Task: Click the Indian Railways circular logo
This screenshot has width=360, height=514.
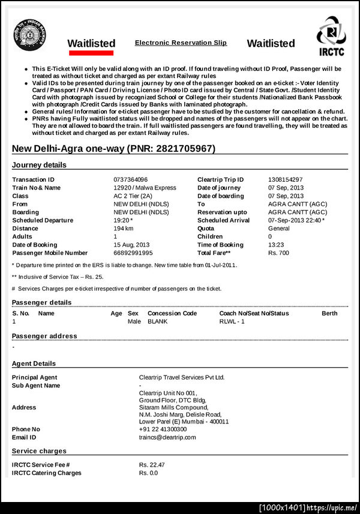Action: tap(28, 34)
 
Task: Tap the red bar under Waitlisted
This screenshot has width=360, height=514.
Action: tap(91, 53)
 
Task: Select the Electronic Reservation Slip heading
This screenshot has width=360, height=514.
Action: tap(181, 43)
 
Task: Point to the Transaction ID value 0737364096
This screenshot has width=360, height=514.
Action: tap(130, 179)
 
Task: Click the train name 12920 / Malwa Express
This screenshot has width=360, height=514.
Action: tap(145, 188)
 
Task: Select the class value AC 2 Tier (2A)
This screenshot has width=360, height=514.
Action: tap(133, 196)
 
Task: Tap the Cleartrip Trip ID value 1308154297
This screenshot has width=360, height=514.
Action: tap(285, 179)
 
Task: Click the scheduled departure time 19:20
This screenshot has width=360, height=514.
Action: tap(122, 220)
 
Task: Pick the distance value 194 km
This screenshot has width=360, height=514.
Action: tap(123, 229)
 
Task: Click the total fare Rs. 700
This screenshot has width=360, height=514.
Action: tap(278, 253)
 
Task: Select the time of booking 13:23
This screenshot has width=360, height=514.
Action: tap(276, 245)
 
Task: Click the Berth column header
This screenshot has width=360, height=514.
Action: tap(329, 313)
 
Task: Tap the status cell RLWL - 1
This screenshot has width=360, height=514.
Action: tap(232, 321)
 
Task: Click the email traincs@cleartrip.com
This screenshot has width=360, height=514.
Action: tap(167, 437)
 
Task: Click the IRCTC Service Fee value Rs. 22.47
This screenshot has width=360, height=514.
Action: tap(152, 465)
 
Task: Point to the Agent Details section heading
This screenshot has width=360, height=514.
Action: tap(34, 363)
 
